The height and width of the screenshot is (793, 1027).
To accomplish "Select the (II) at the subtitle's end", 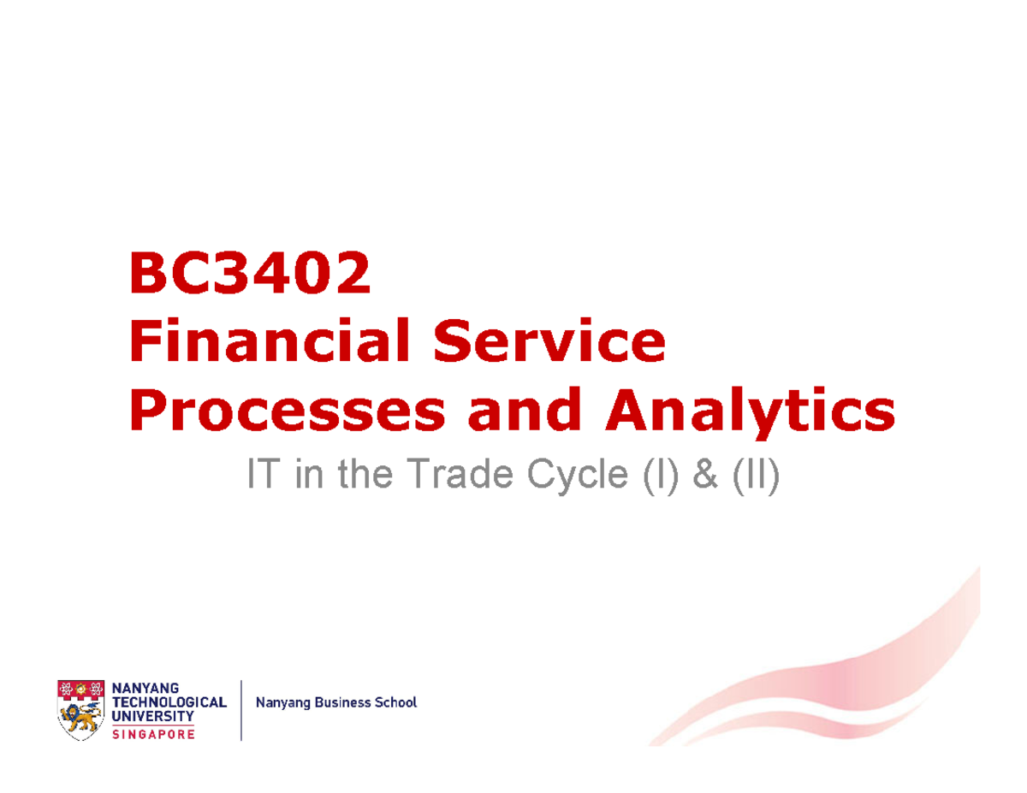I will click(755, 476).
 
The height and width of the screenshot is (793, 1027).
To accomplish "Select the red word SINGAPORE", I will click(154, 733).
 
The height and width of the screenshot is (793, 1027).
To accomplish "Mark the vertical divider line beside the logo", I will click(242, 709).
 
